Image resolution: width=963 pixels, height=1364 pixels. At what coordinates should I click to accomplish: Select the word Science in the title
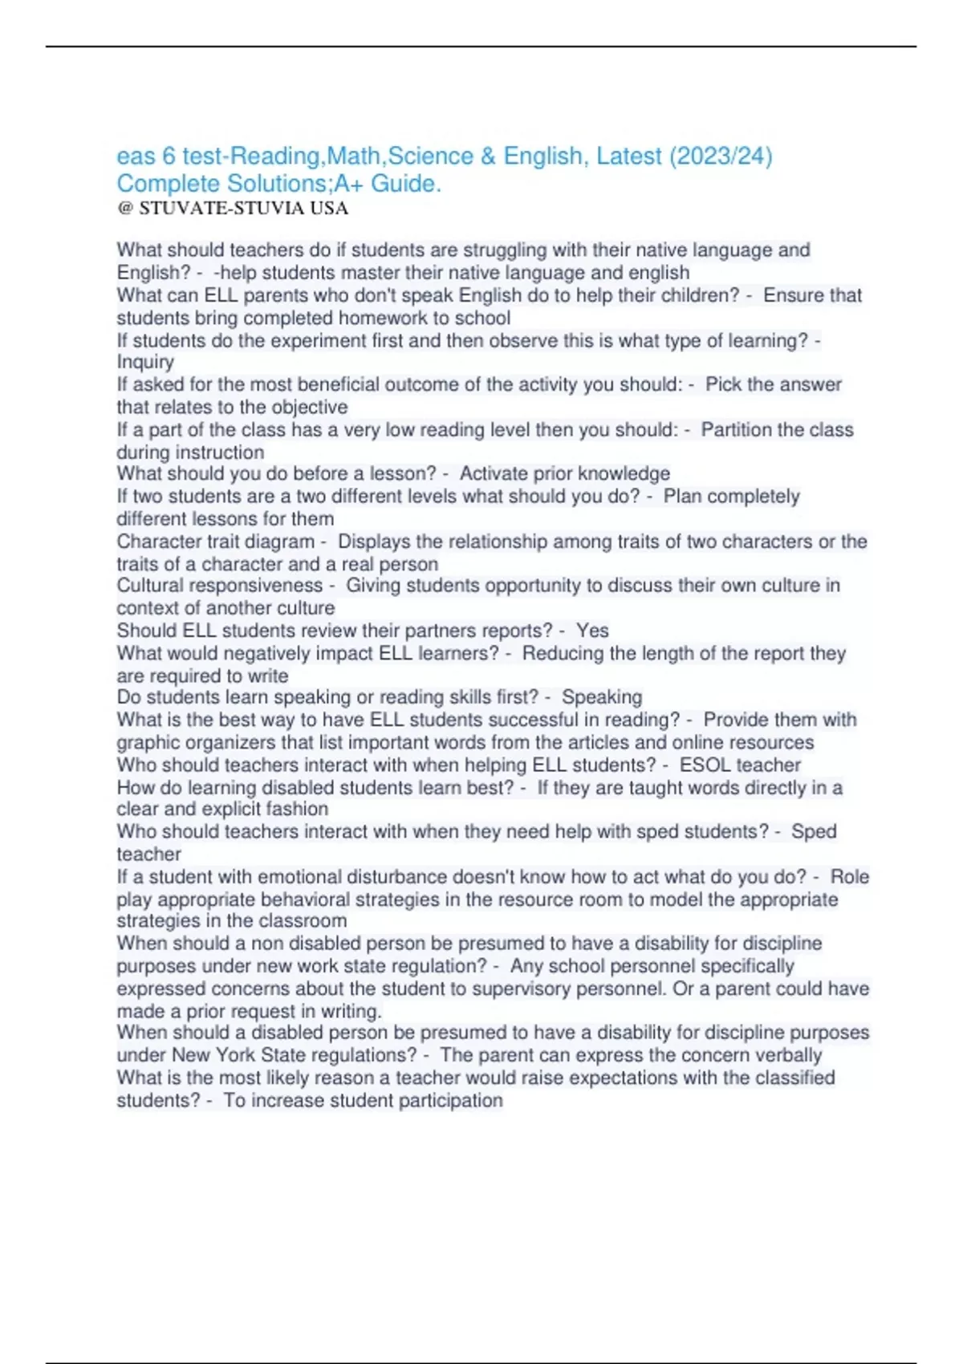pyautogui.click(x=431, y=156)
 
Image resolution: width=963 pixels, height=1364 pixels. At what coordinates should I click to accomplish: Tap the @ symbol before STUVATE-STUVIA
pyautogui.click(x=124, y=209)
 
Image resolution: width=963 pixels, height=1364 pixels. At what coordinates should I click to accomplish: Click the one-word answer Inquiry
pyautogui.click(x=145, y=362)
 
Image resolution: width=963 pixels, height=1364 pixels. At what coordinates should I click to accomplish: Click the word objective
pyautogui.click(x=309, y=407)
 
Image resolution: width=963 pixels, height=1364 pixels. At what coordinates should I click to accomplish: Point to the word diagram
pyautogui.click(x=278, y=542)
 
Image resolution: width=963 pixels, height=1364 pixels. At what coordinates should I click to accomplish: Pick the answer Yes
pyautogui.click(x=592, y=631)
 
